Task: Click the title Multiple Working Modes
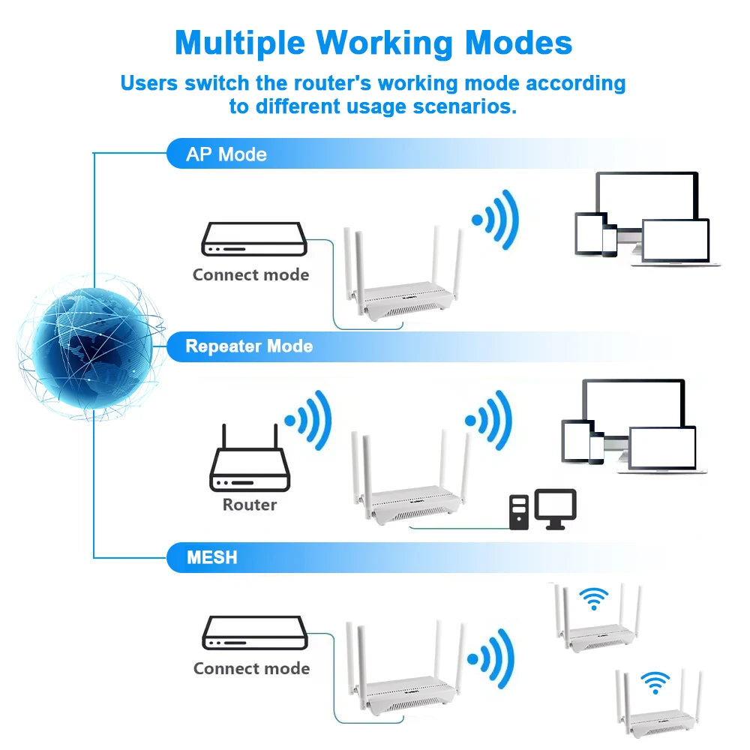click(x=373, y=43)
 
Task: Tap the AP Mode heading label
click(x=226, y=154)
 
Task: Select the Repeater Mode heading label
click(x=249, y=346)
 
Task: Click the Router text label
click(x=250, y=505)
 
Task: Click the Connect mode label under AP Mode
click(x=250, y=274)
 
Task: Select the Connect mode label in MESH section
click(x=251, y=668)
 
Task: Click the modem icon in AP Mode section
click(x=253, y=239)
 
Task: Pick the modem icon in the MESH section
click(x=255, y=632)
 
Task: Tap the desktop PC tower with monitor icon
click(x=542, y=510)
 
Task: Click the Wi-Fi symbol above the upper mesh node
click(x=594, y=598)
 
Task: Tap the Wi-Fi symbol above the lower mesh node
click(x=655, y=682)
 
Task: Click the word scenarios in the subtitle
click(x=465, y=106)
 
